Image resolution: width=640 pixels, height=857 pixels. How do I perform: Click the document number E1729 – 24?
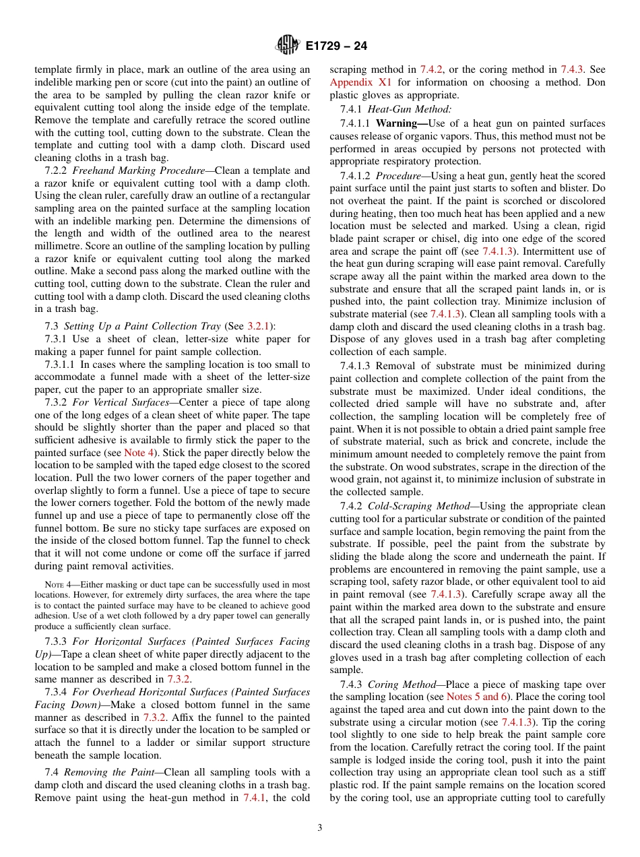point(336,46)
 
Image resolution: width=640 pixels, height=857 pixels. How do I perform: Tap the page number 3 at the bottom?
point(319,827)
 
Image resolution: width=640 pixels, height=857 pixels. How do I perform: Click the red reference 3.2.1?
point(257,326)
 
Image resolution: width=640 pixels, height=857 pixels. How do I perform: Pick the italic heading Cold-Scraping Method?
point(415,505)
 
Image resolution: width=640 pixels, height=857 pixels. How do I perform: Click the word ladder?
point(146,742)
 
